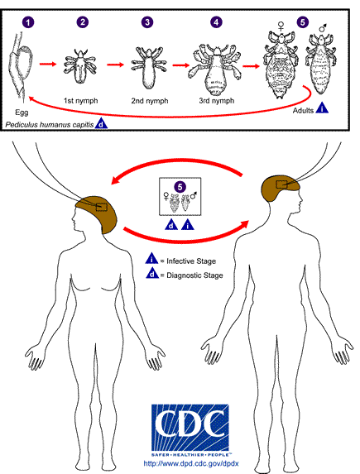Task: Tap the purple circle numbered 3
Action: click(147, 22)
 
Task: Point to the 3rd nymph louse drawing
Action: click(214, 64)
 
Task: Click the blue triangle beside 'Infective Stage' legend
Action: click(152, 260)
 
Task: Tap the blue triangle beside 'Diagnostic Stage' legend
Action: click(152, 275)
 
